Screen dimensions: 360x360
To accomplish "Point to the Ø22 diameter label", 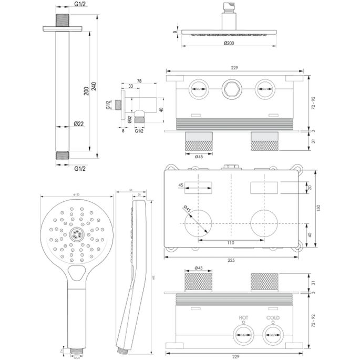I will tap(79, 124).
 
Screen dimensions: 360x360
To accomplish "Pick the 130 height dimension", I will tap(318, 208).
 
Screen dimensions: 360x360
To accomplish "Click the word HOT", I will tap(243, 318).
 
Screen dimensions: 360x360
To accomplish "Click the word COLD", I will tap(273, 318).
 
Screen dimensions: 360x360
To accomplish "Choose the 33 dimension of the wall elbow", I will tap(131, 87).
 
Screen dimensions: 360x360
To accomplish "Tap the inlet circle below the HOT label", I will tap(243, 333).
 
